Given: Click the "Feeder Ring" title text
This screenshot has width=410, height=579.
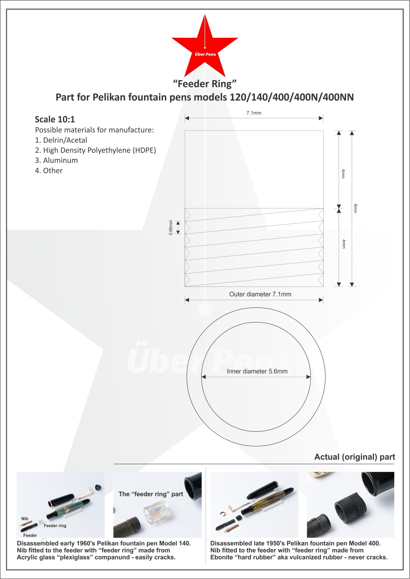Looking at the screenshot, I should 205,84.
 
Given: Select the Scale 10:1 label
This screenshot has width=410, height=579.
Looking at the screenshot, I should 55,120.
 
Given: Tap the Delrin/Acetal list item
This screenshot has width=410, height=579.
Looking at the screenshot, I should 61,140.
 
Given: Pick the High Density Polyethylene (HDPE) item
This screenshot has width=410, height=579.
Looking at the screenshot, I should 96,150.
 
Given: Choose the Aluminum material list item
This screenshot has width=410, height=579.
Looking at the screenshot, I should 57,161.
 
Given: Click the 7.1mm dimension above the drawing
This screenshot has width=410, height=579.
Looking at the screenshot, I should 254,113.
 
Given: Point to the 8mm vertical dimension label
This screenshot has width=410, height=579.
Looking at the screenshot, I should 355,208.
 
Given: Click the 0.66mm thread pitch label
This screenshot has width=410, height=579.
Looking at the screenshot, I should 171,227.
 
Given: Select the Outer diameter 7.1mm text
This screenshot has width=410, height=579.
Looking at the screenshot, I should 260,294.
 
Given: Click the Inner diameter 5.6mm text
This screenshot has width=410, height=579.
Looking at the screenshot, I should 257,371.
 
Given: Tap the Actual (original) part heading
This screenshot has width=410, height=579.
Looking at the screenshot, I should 354,457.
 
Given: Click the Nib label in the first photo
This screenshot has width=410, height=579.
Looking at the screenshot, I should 25,519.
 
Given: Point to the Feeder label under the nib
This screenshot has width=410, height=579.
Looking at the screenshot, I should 30,535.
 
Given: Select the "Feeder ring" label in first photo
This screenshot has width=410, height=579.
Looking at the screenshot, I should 55,526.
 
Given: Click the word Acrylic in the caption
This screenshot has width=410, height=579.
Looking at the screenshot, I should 27,557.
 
